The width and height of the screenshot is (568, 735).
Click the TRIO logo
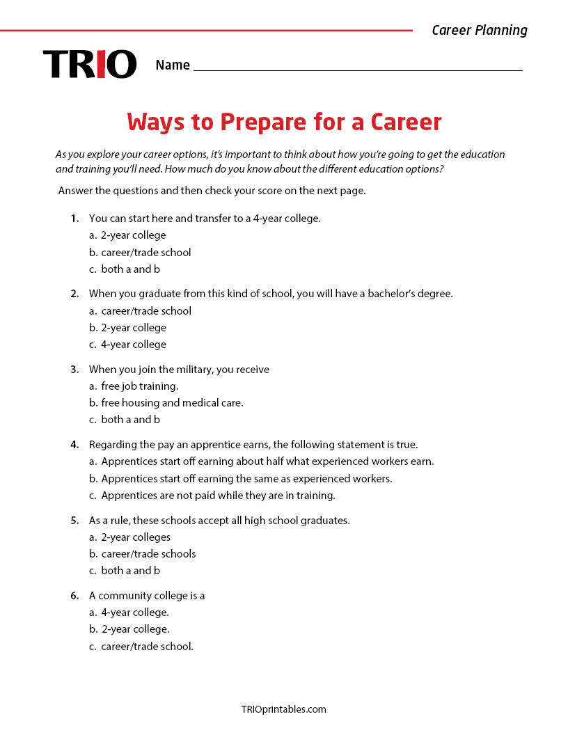click(x=90, y=64)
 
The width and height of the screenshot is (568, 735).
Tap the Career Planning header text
click(x=480, y=30)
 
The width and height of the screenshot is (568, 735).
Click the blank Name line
click(x=358, y=65)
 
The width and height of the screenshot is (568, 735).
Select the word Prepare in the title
click(x=263, y=122)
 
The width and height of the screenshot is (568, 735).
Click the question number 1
click(x=74, y=219)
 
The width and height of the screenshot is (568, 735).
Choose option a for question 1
click(x=133, y=235)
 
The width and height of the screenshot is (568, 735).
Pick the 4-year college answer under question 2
click(x=134, y=345)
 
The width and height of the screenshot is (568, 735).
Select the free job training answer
click(x=139, y=386)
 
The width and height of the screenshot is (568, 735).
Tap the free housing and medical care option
click(x=172, y=403)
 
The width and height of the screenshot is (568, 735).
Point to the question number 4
click(x=74, y=445)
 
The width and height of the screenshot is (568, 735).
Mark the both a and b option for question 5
click(x=130, y=571)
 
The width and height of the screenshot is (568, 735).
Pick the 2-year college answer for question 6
click(x=135, y=629)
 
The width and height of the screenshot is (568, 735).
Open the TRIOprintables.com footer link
click(x=283, y=710)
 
